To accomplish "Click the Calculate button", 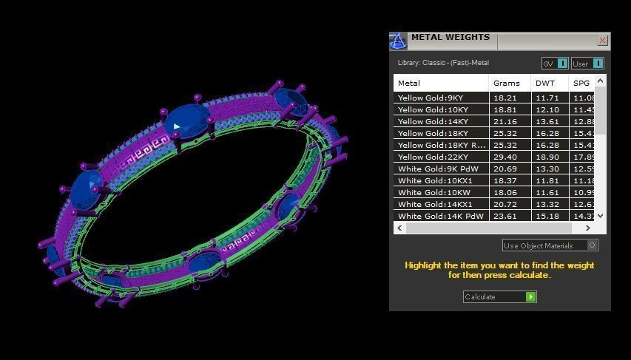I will tap(499, 296).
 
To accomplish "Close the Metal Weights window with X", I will tap(602, 41).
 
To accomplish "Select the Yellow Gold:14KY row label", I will tap(433, 121).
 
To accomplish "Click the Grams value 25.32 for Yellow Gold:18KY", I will tap(505, 133).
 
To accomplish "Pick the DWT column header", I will tap(545, 83).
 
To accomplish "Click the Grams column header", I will tap(507, 83).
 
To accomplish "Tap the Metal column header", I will tap(409, 83).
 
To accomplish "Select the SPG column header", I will tap(581, 83).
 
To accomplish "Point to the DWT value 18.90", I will tap(547, 157).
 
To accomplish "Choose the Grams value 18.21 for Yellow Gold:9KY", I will tap(505, 98).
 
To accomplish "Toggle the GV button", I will tap(555, 64).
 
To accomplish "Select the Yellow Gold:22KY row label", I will tap(433, 157).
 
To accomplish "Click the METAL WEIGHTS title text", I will tap(450, 37).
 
